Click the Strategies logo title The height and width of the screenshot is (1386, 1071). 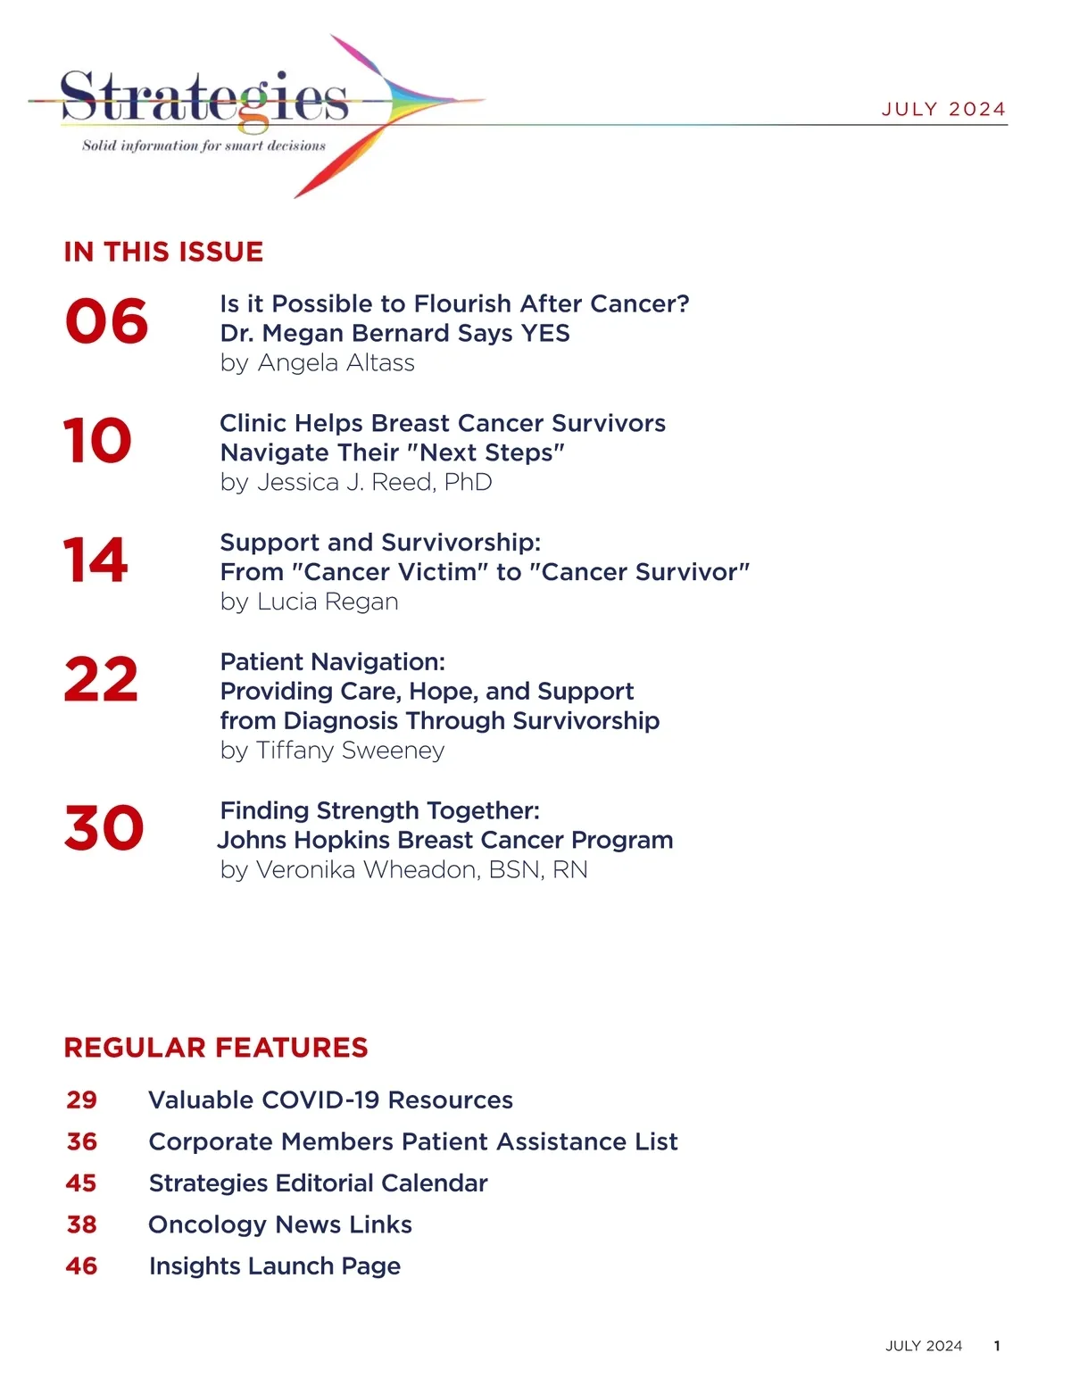coord(204,97)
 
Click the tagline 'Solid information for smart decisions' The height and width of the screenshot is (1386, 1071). coord(204,145)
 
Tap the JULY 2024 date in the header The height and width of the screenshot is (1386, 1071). coord(943,109)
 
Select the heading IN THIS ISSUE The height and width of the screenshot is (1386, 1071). coord(163,252)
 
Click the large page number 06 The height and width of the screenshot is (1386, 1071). coord(106,321)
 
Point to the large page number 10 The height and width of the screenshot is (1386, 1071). coord(97,441)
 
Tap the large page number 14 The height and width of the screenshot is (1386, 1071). coord(95,560)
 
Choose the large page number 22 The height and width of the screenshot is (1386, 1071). coord(101,680)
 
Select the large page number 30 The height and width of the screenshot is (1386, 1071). coord(104,828)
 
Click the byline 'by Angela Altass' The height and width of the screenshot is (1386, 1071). coord(317,363)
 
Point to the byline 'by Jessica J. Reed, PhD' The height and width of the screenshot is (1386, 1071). coord(356,483)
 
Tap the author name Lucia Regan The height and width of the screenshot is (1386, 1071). coord(328,602)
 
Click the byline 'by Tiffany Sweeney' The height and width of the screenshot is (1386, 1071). coord(332,751)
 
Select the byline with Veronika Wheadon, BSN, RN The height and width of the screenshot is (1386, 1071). coord(403,870)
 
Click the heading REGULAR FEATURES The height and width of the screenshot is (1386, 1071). coord(216,1048)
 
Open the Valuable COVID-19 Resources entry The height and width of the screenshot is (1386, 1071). coord(330,1100)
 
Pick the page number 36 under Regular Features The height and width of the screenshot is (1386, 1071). coord(82,1141)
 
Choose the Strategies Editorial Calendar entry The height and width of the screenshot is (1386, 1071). coord(318,1183)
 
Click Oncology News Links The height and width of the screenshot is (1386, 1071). coord(280,1224)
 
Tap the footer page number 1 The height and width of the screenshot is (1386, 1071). coord(997,1346)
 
